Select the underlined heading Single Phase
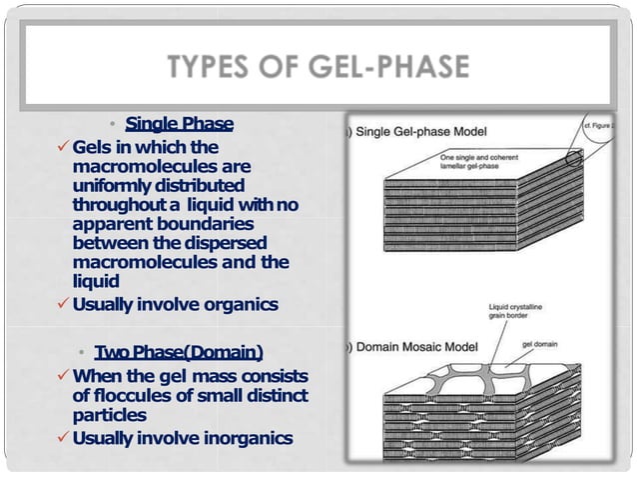179,124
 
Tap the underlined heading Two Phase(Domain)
179,353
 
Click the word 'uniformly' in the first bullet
113,186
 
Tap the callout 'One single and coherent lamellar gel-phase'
481,161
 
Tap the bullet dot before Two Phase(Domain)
83,354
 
